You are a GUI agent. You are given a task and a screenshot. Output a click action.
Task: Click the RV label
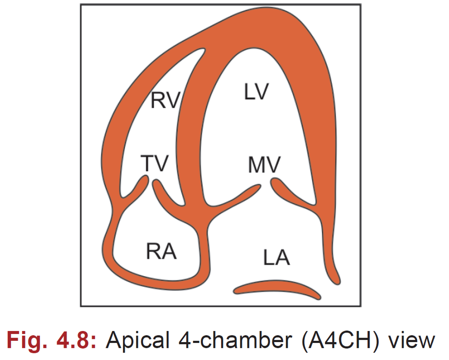[165, 100]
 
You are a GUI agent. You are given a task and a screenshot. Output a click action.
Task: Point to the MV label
[264, 165]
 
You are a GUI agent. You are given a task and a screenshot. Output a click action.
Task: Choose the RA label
[161, 251]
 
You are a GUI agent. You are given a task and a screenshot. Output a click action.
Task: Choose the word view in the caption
[412, 340]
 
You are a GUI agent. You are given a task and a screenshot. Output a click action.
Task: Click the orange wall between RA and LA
[206, 249]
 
